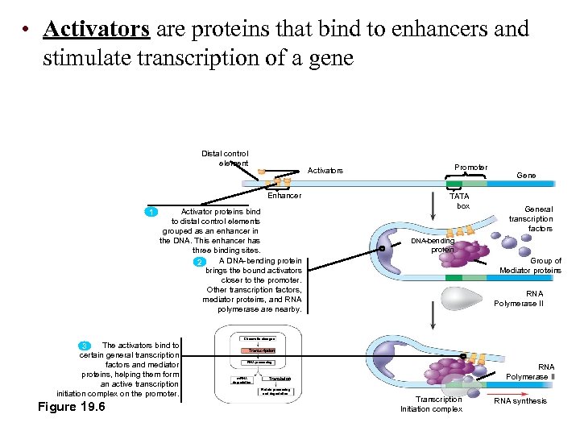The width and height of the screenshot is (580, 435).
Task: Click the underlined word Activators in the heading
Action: coord(97,30)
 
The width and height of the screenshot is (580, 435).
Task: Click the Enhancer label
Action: coord(284,196)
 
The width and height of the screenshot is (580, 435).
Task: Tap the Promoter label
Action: coord(470,168)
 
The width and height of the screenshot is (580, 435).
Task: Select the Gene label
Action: coord(526,175)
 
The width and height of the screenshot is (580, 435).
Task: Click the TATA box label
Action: coord(459,201)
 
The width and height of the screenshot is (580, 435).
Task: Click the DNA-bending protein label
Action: coord(433,246)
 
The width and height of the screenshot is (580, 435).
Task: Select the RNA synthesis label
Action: coord(520,401)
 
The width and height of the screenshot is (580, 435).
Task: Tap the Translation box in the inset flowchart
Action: coord(280,379)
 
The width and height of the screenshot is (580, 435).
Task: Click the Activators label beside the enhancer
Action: coord(325,171)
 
